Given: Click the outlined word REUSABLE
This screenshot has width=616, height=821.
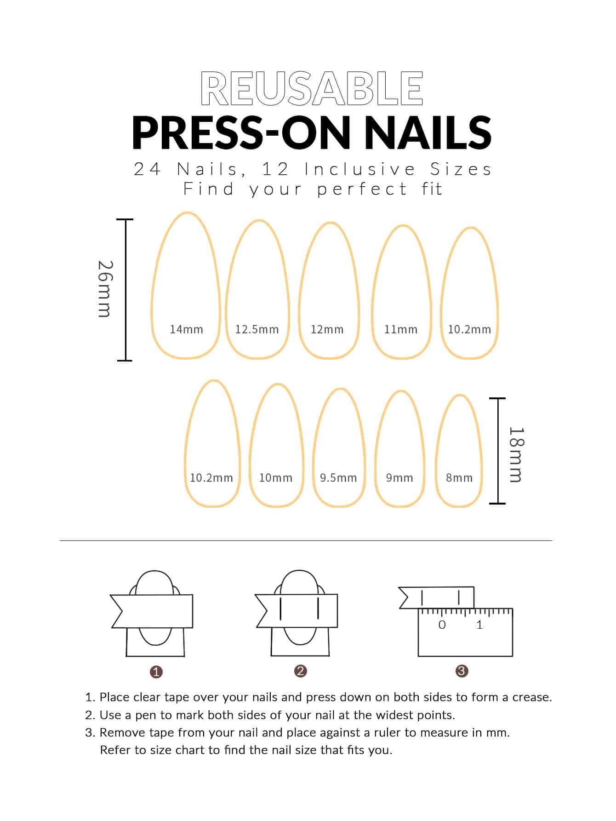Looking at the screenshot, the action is [312, 89].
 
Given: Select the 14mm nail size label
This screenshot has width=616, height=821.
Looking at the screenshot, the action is [186, 329].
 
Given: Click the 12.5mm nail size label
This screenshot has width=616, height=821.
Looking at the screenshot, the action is [257, 329].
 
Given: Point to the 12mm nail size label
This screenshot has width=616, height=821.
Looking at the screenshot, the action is [327, 329].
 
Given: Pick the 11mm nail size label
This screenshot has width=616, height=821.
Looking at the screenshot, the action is [401, 329].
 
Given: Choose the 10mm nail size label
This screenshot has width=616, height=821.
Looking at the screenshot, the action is [276, 478].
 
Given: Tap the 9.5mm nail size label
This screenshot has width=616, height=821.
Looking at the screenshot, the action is [338, 478].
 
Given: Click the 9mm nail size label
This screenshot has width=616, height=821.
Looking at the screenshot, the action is [399, 478].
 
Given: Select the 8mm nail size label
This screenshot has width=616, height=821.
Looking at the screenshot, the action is [459, 478].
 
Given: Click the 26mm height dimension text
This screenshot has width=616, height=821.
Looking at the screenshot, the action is [105, 289].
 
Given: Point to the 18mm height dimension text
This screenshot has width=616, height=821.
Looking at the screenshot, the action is [516, 454].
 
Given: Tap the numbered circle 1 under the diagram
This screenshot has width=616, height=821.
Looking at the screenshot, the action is [156, 672].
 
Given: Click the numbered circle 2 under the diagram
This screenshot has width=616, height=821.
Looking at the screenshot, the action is [300, 671].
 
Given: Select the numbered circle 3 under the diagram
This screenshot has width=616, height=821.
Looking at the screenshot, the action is [462, 671].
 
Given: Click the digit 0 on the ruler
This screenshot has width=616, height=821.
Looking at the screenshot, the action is [442, 625].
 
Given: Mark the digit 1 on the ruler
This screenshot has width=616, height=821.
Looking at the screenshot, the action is [479, 625].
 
